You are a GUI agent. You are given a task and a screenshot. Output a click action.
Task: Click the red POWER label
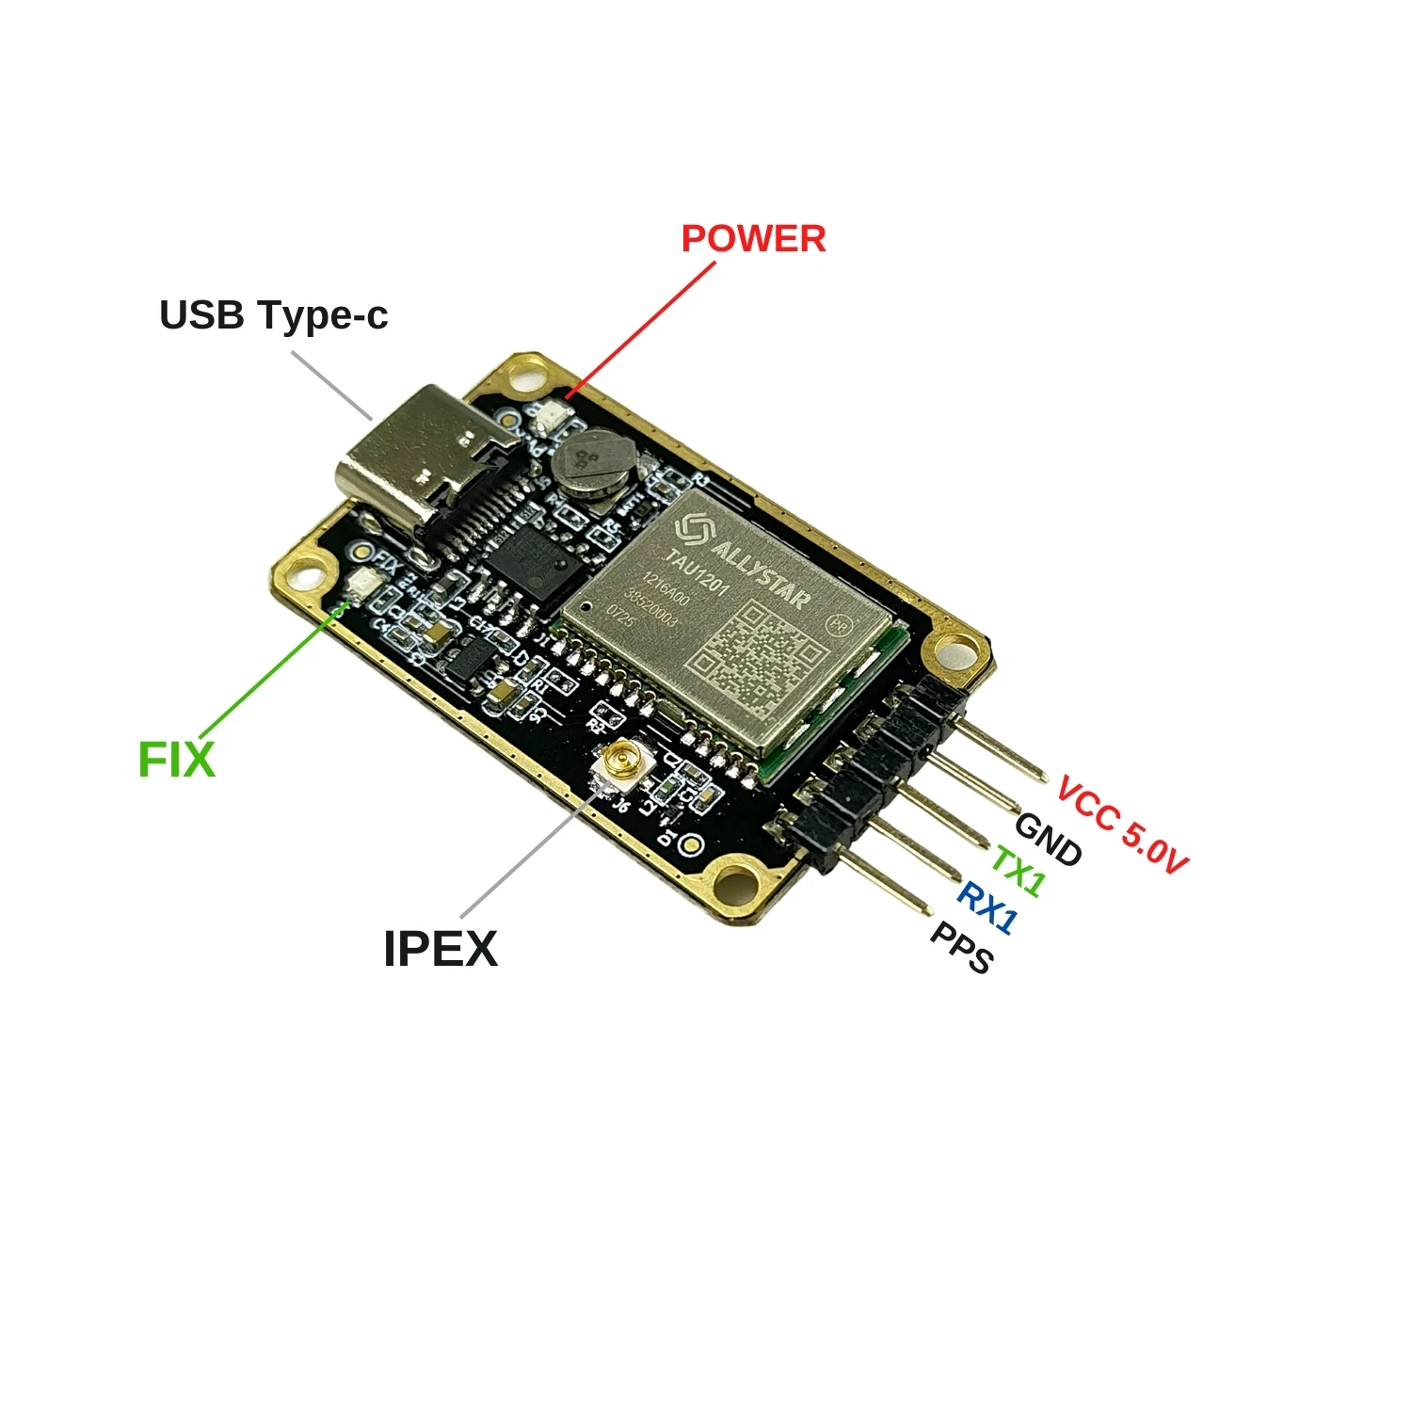click(x=753, y=239)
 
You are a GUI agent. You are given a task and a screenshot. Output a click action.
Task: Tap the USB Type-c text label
click(x=273, y=315)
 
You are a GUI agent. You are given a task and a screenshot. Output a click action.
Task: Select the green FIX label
click(x=176, y=759)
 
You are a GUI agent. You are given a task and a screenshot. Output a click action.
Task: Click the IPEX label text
click(x=440, y=948)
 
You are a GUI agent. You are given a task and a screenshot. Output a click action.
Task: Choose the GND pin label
click(x=1048, y=839)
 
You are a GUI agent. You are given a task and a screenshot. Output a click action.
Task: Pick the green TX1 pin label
click(x=1018, y=872)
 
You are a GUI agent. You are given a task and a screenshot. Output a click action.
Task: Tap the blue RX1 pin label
click(x=987, y=907)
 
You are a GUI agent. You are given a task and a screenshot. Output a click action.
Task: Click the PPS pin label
click(x=961, y=947)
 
